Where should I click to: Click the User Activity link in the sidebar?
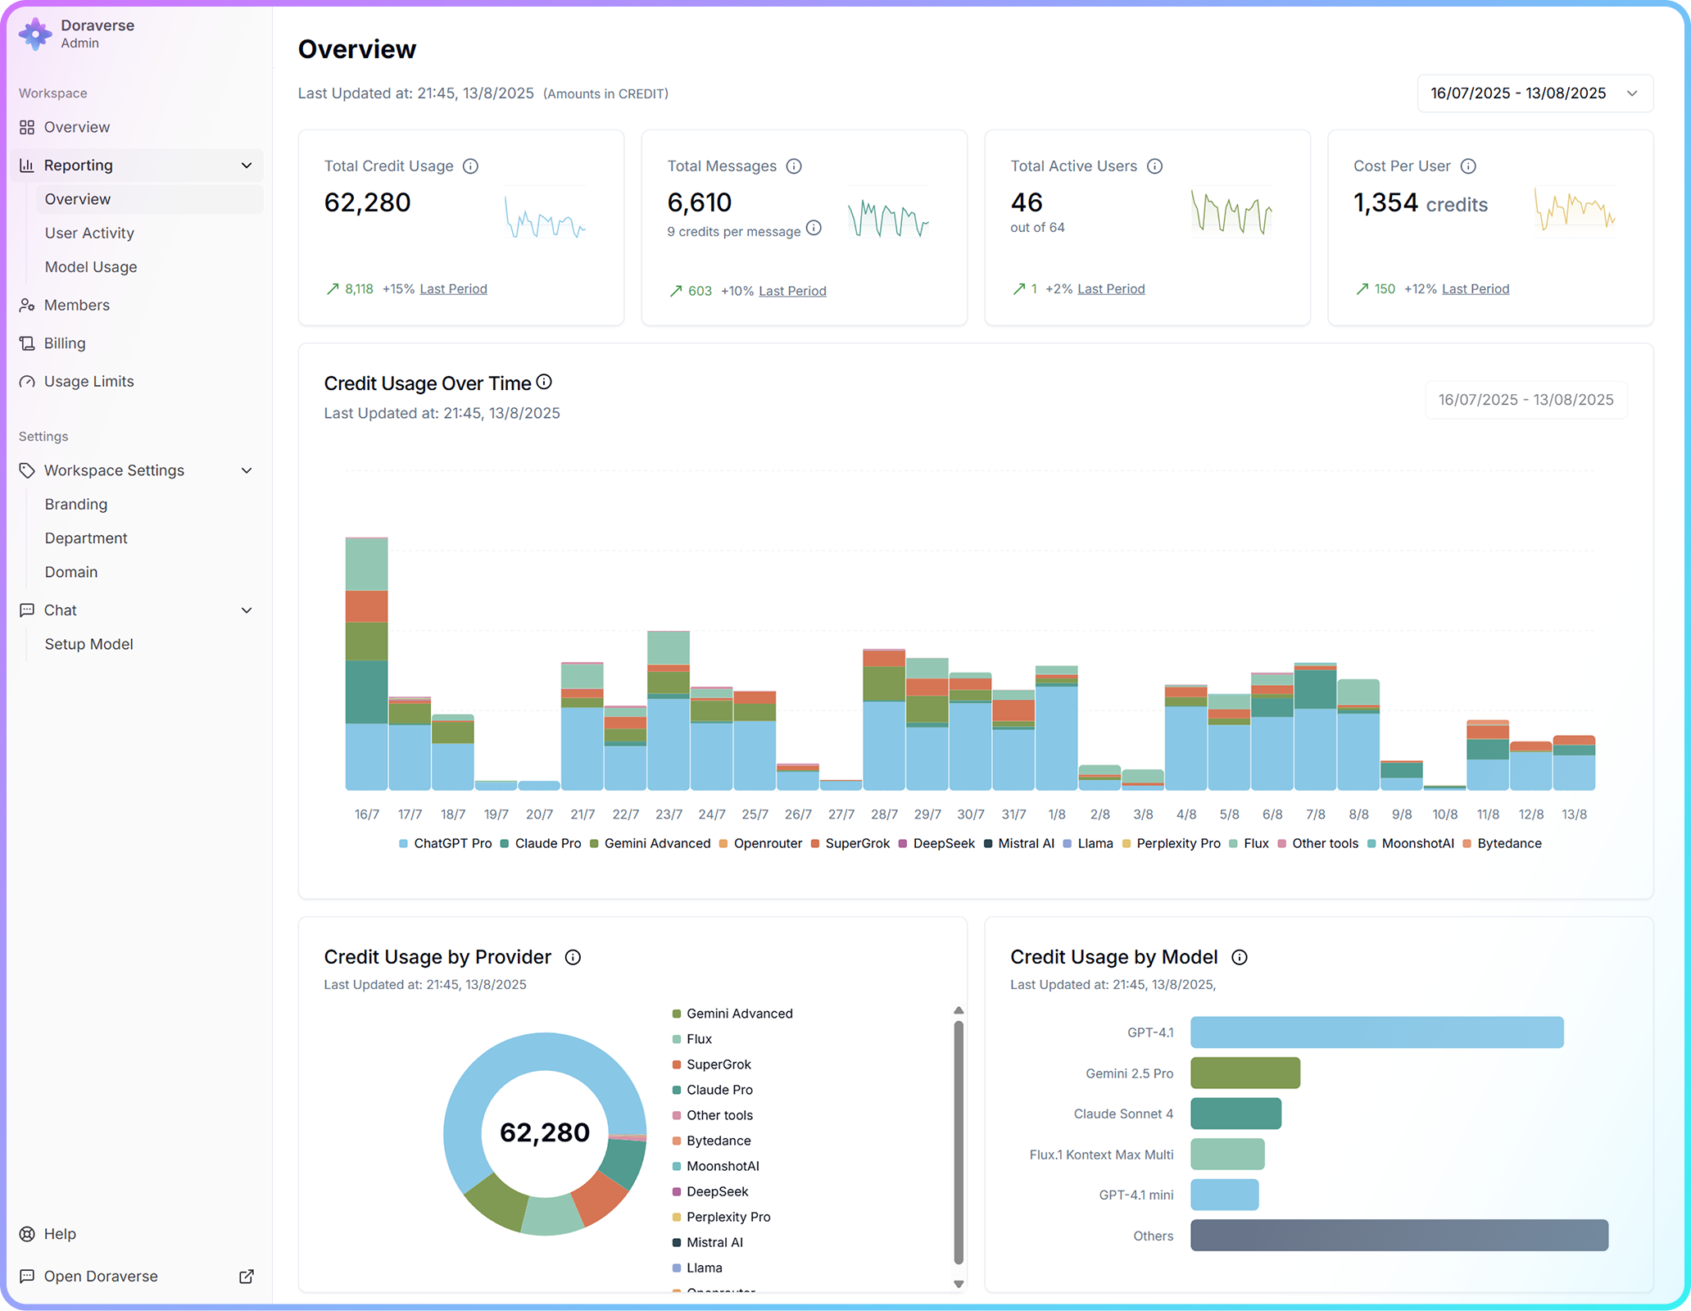point(89,233)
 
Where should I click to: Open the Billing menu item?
point(65,343)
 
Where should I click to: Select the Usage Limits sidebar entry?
point(88,381)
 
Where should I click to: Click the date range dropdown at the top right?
point(1535,93)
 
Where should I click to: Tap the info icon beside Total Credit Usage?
point(470,166)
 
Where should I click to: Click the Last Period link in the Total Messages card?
point(792,291)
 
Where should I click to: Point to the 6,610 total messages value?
point(699,202)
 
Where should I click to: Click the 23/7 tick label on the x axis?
point(669,814)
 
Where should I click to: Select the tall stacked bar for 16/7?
point(366,664)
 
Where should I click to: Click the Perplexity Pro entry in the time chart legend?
point(1177,843)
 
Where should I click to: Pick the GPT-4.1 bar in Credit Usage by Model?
point(1376,1032)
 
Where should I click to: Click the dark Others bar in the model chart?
point(1399,1236)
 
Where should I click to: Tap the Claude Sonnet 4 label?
point(1122,1114)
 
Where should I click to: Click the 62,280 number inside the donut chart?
point(545,1132)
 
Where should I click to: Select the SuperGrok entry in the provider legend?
point(719,1064)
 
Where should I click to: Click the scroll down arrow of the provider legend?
point(959,1284)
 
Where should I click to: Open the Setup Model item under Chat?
point(88,644)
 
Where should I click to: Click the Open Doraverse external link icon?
point(247,1276)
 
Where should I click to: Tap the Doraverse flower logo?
point(35,34)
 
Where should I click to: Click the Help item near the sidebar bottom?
point(60,1234)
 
